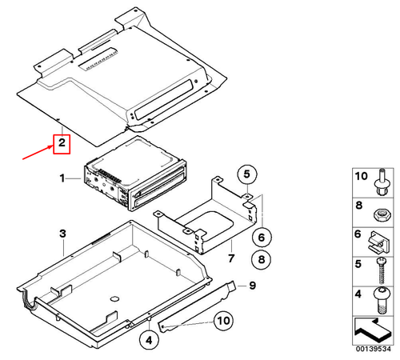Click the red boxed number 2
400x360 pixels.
pos(61,144)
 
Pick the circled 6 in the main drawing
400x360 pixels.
pos(259,237)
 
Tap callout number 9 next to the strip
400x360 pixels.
pos(250,286)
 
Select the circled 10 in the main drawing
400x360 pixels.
pos(222,322)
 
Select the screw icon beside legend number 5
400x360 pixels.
pos(381,270)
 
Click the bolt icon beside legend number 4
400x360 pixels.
pos(381,298)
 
